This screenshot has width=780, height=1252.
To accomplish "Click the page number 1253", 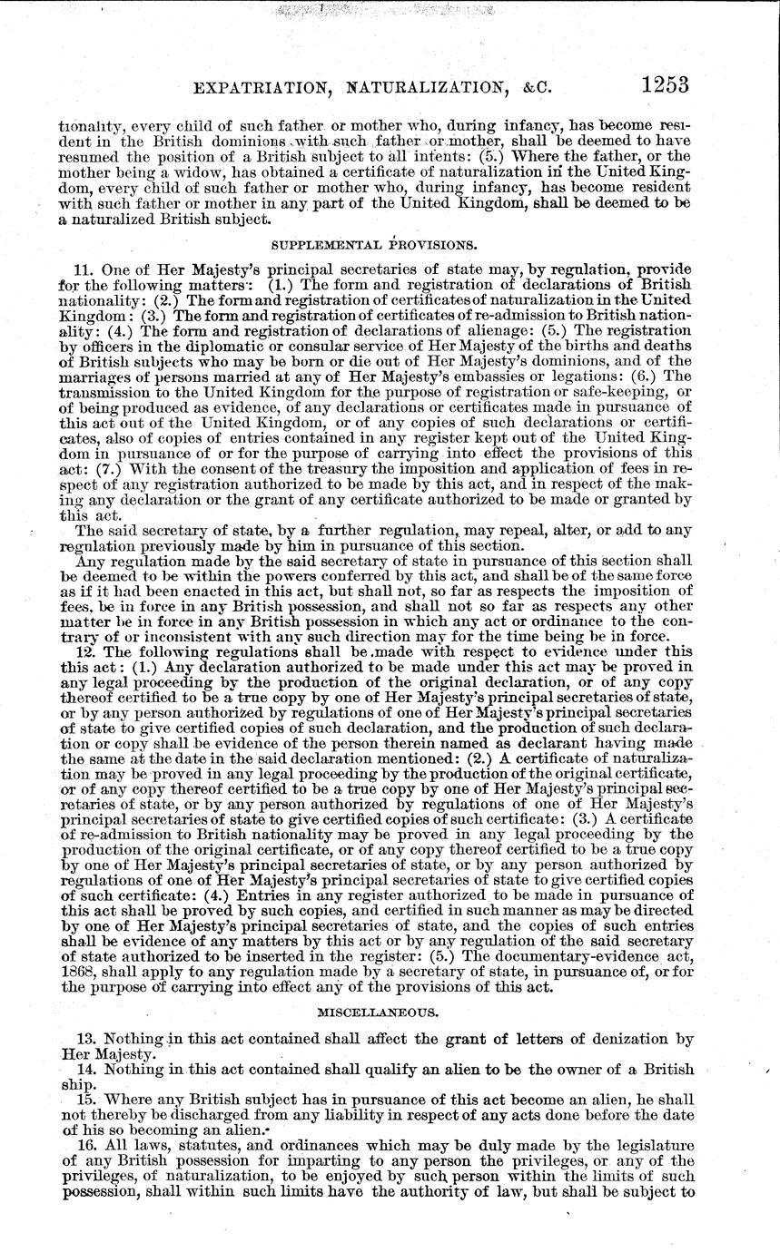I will click(x=665, y=85).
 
